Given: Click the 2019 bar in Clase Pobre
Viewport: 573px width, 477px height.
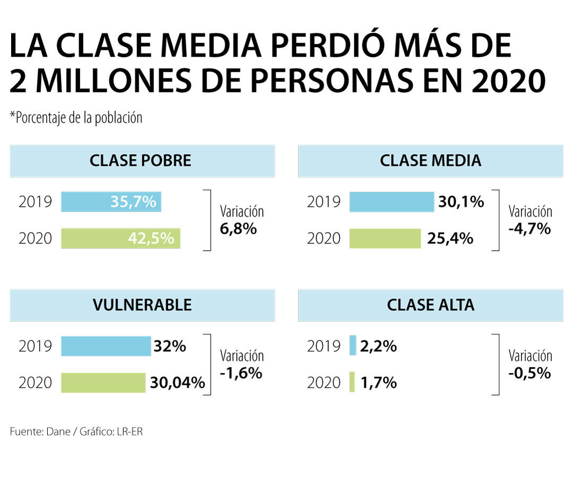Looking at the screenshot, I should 111,202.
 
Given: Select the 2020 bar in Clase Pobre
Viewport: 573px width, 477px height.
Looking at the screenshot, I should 120,238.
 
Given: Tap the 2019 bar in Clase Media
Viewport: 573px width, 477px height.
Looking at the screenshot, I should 392,202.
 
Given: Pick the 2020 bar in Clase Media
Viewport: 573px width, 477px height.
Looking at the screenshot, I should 385,238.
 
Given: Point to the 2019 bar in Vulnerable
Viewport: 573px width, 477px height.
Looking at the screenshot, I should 106,346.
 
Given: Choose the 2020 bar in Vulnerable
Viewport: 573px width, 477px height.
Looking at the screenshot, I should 103,382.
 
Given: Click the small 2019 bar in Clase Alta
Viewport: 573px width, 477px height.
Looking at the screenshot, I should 353,346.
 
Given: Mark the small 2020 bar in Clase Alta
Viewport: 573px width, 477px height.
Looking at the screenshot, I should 352,382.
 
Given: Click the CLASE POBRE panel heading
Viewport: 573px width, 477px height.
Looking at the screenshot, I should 141,161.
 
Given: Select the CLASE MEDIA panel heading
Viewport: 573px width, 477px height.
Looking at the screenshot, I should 430,161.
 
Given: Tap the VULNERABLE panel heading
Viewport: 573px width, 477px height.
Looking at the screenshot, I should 142,305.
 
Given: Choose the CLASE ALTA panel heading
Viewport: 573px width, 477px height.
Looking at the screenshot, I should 430,305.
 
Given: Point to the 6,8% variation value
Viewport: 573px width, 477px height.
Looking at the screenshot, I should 238,229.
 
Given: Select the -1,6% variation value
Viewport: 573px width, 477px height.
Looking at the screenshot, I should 241,373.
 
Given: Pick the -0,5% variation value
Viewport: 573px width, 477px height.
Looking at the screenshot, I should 529,373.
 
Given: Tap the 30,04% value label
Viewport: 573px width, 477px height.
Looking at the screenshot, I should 177,383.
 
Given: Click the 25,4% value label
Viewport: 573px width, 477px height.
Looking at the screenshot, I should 450,239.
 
